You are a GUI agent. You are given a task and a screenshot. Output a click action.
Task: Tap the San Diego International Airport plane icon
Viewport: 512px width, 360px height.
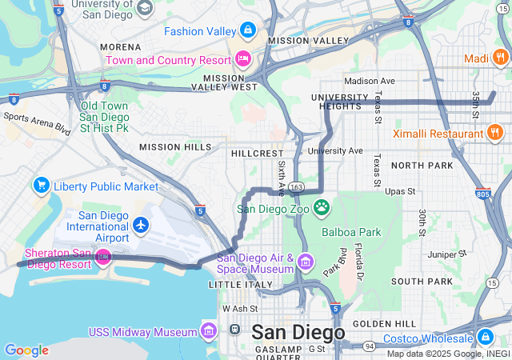(142, 226)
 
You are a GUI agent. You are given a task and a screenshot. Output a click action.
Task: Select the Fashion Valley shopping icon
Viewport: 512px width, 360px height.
(248, 31)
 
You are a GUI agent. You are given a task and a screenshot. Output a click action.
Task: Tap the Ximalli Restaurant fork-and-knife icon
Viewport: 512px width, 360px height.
(495, 133)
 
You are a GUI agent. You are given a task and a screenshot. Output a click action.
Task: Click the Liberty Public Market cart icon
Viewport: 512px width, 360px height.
(42, 186)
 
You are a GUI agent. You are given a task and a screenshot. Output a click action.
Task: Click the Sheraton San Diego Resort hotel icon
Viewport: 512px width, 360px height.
(102, 257)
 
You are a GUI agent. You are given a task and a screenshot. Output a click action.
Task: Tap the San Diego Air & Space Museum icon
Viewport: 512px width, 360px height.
(305, 262)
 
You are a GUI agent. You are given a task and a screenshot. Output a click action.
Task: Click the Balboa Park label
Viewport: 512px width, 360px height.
(352, 233)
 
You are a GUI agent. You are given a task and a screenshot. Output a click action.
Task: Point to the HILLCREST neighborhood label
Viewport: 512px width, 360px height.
(257, 153)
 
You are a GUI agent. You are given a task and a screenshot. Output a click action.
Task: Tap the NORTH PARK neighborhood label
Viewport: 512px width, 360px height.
(422, 165)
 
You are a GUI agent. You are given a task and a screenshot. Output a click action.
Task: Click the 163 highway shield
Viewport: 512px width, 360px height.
(297, 187)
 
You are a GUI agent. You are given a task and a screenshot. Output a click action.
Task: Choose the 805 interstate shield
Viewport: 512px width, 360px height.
(482, 193)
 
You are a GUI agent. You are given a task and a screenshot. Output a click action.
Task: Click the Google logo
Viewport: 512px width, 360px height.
(27, 350)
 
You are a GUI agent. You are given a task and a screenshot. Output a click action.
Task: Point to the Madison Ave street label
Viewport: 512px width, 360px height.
(370, 81)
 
